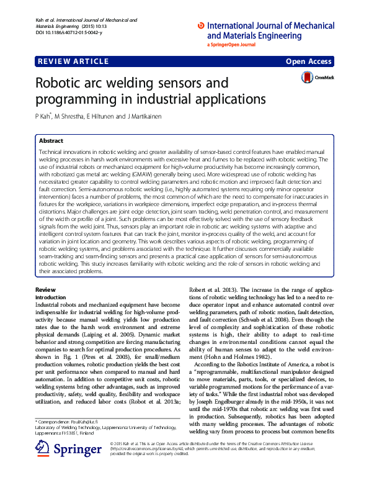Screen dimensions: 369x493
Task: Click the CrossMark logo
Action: (x=317, y=78)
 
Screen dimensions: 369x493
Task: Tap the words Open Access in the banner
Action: (x=309, y=61)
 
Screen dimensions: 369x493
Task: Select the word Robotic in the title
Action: (x=61, y=83)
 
